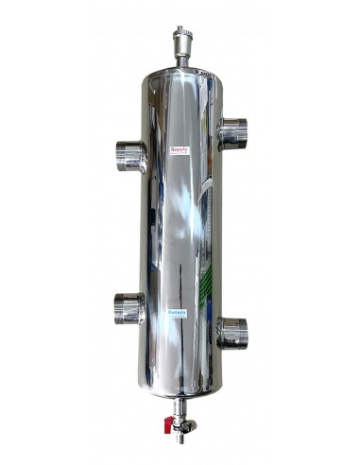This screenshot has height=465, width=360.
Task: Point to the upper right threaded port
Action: click(x=231, y=133)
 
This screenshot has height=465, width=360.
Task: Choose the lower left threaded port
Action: click(x=130, y=307)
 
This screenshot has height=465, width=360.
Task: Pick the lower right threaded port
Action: click(x=231, y=331)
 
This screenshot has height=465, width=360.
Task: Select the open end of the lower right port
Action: click(x=244, y=332)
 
